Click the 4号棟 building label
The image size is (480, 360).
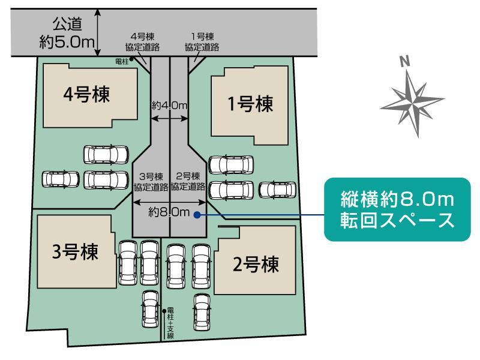(x=86, y=94)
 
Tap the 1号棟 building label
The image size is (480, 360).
(x=250, y=104)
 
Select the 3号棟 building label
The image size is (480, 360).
(x=76, y=251)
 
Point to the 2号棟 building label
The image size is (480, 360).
(x=256, y=265)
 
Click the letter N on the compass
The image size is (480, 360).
(x=405, y=62)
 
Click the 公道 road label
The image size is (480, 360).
(x=67, y=24)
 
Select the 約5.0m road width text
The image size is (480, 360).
(x=67, y=41)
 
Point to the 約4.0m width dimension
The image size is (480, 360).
(x=169, y=106)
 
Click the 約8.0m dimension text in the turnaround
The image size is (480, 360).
(x=169, y=212)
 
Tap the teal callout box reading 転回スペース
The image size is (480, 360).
(x=397, y=209)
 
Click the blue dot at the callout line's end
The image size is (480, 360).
(x=197, y=215)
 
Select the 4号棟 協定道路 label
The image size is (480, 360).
(x=142, y=42)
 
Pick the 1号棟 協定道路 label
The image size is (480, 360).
(x=202, y=42)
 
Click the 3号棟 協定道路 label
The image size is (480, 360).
(x=151, y=182)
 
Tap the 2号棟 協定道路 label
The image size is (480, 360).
(x=188, y=181)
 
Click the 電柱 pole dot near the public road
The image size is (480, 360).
(x=131, y=59)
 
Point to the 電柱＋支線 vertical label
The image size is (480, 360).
(x=170, y=323)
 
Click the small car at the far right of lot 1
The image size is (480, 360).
(x=277, y=190)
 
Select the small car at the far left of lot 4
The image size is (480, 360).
(x=61, y=179)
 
